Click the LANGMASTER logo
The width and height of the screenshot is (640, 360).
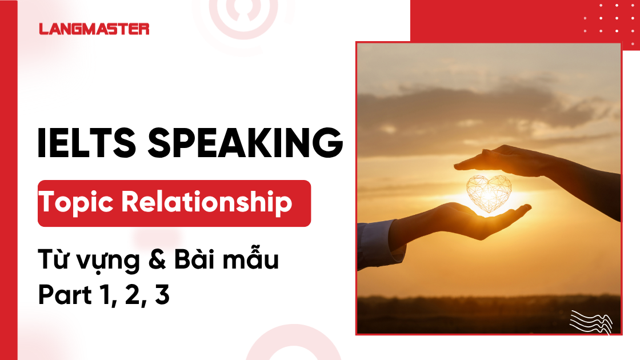94,29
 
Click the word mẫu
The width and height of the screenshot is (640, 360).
251,261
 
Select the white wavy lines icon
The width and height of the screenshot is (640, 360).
591,321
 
